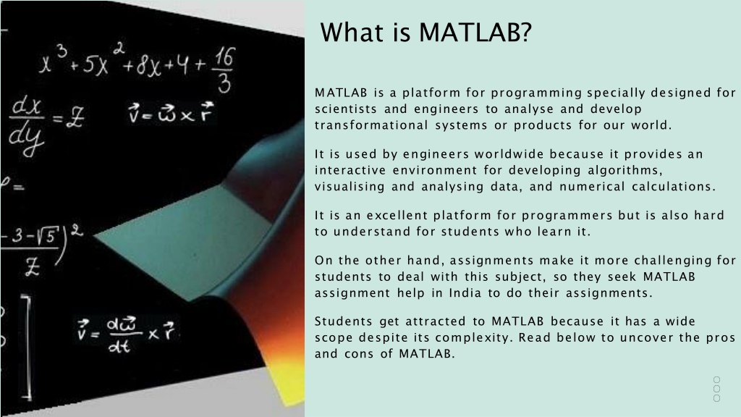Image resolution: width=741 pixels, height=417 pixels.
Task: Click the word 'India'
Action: (x=464, y=292)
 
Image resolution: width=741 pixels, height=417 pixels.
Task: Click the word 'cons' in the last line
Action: (x=356, y=354)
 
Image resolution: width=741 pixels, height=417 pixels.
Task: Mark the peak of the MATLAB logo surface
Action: (x=289, y=123)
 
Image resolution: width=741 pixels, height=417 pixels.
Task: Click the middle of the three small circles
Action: (x=716, y=389)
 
